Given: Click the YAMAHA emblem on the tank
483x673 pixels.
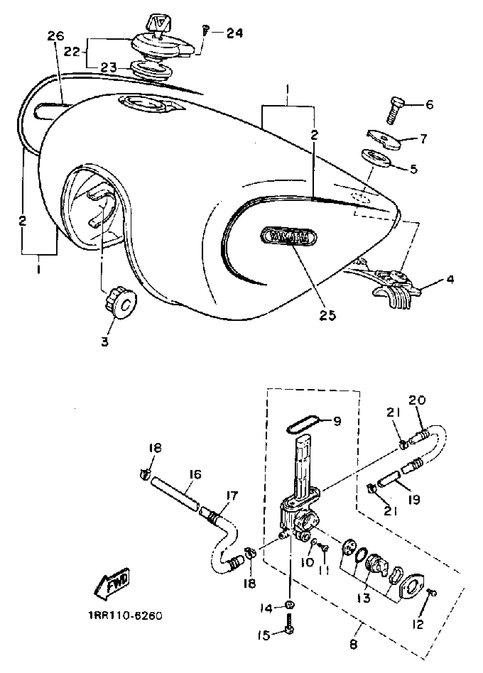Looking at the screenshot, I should [288, 237].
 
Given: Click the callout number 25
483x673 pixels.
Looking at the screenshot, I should [327, 315].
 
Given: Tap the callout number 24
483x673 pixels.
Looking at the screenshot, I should [235, 33].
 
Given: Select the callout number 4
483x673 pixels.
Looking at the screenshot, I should [450, 279].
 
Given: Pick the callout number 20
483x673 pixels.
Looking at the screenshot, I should [417, 401].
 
